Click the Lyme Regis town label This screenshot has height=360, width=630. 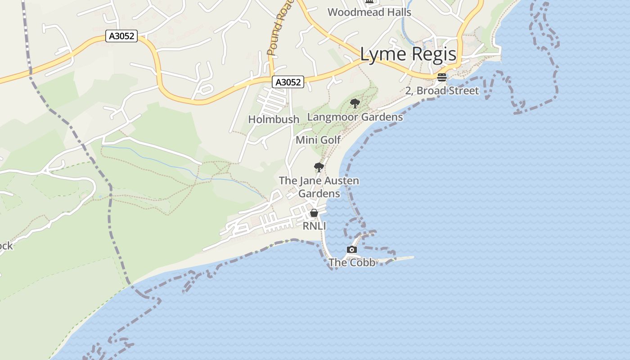point(408,54)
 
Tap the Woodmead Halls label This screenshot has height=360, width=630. point(369,12)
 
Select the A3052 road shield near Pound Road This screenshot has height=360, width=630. point(288,82)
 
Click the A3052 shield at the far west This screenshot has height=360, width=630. point(121,36)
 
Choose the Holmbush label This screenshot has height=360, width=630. point(274,119)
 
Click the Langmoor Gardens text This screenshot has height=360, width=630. point(355,117)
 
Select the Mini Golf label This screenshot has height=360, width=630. point(318,140)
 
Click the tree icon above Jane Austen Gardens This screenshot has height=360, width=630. point(319,168)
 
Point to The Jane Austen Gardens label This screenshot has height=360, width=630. point(319,187)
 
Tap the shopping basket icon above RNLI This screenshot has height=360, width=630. point(314,213)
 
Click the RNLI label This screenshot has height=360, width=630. point(314,226)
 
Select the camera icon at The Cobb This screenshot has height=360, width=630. point(352,249)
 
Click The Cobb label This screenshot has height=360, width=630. point(352,262)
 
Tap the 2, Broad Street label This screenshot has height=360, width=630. point(442,90)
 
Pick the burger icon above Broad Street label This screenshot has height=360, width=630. point(441,77)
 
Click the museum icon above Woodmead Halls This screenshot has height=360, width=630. point(369,2)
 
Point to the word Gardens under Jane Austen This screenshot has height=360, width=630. point(319,193)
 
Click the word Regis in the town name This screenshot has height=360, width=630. point(434,54)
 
